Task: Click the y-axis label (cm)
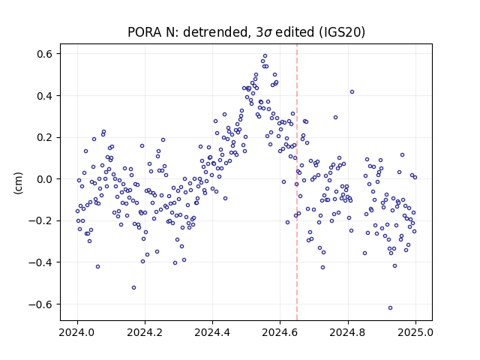(x=18, y=183)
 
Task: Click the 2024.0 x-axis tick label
(x=77, y=332)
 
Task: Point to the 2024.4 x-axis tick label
(x=212, y=332)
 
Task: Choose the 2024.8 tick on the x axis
(x=347, y=332)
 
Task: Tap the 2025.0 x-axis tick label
(x=415, y=332)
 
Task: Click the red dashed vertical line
(x=297, y=182)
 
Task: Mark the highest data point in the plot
(x=265, y=56)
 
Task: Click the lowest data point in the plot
(x=390, y=307)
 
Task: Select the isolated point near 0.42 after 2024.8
(x=352, y=91)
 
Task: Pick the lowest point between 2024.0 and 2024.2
(x=133, y=287)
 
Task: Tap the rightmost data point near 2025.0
(x=415, y=177)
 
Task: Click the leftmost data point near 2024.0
(x=77, y=211)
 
